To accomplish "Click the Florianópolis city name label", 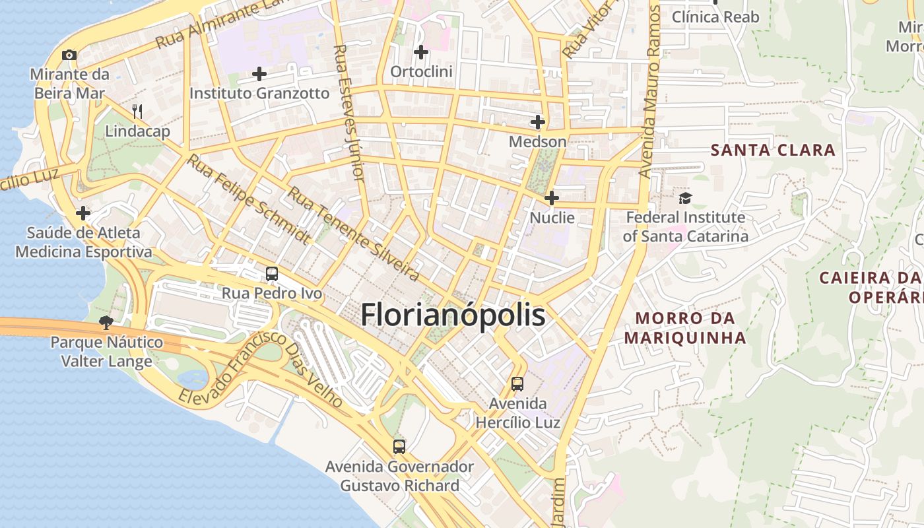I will click(x=453, y=315).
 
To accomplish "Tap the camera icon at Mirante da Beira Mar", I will click(x=69, y=55).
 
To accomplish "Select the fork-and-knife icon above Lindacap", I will click(x=137, y=111).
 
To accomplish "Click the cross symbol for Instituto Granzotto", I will click(x=259, y=74).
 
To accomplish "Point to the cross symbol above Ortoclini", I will click(x=420, y=51).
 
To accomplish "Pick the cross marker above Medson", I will click(x=537, y=122).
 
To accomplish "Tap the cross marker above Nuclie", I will click(x=552, y=198).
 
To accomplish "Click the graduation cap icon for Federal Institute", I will click(x=685, y=198).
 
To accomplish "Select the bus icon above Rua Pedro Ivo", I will click(x=271, y=273).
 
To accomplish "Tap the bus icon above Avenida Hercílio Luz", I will click(x=517, y=383).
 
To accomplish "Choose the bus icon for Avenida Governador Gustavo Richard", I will click(x=399, y=447).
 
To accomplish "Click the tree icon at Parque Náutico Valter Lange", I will click(x=106, y=323).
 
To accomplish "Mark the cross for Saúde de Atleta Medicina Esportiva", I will click(x=83, y=213).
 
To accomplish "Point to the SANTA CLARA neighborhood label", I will click(x=773, y=150).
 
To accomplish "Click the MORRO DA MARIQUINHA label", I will click(x=685, y=328).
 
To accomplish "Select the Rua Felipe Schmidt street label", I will click(x=248, y=199).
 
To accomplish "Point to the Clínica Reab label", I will click(x=715, y=17).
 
